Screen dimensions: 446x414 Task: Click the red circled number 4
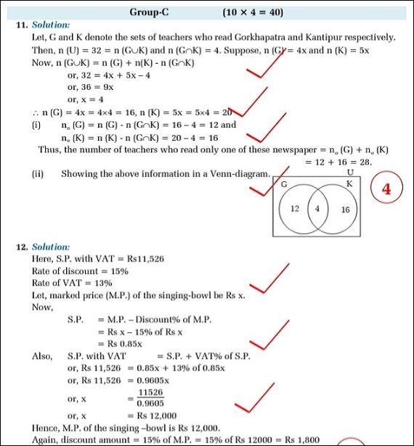[386, 189]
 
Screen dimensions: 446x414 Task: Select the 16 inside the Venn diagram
[345, 209]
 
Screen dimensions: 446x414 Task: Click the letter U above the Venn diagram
[350, 173]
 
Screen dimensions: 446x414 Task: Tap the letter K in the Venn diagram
[349, 184]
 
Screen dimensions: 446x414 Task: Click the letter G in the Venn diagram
[284, 186]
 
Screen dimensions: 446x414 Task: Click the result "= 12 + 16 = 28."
[338, 162]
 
